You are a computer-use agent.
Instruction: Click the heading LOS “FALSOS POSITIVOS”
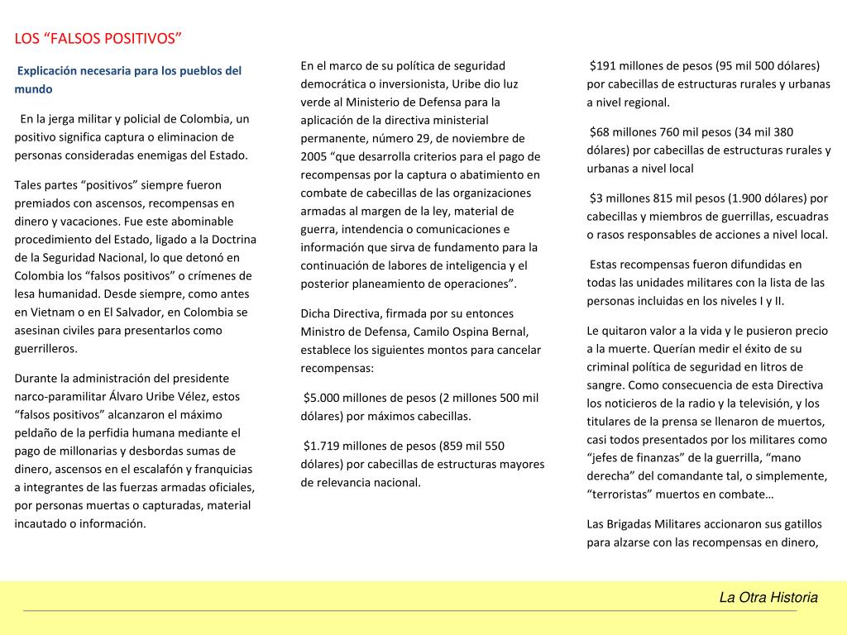[x=98, y=39]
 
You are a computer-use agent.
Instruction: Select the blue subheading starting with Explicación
[x=128, y=79]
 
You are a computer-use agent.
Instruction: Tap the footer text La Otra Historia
[x=768, y=597]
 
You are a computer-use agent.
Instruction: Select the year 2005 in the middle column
[x=315, y=156]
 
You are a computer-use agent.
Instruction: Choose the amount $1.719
[x=323, y=446]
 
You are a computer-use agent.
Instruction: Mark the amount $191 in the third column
[x=605, y=66]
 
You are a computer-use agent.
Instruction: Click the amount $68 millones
[x=629, y=131]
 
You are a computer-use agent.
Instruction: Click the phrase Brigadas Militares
[x=658, y=524]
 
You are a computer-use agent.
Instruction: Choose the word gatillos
[x=800, y=524]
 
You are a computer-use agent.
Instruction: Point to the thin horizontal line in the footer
[x=409, y=611]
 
